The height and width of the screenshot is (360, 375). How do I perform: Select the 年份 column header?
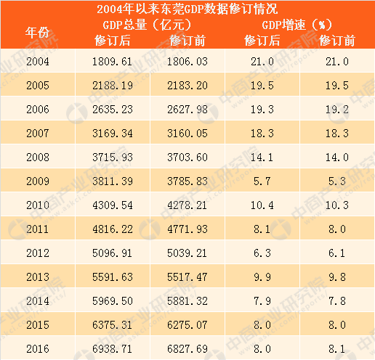tap(38, 32)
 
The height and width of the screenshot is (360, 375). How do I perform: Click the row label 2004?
tap(37, 63)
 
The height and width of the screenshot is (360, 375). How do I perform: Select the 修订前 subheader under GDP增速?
tap(336, 40)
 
